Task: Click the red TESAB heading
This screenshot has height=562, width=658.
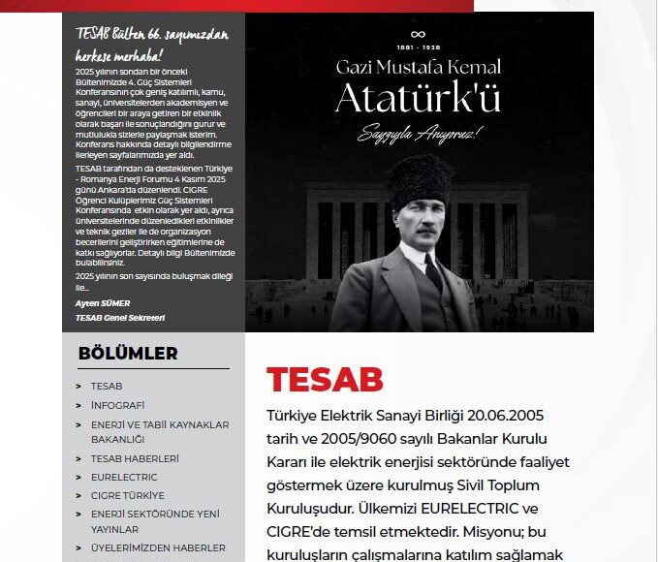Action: [x=325, y=380]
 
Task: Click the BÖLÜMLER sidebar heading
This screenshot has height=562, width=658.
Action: [x=128, y=354]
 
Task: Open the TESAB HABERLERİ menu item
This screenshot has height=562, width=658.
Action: [x=135, y=458]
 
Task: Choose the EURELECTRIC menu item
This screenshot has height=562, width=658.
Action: [x=124, y=477]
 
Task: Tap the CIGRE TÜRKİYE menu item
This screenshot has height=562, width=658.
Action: [x=128, y=495]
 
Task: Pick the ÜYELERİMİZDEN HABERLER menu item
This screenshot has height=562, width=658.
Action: [x=158, y=547]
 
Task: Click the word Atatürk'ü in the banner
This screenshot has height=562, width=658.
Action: [x=419, y=98]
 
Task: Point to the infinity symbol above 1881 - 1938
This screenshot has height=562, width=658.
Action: [x=419, y=34]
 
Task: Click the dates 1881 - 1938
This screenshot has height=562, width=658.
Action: [x=419, y=47]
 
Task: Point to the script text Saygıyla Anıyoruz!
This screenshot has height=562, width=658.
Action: [x=418, y=129]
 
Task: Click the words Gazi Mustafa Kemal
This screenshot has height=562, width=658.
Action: [x=419, y=68]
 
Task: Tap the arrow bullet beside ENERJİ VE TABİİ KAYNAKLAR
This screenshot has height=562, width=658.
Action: [x=78, y=425]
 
